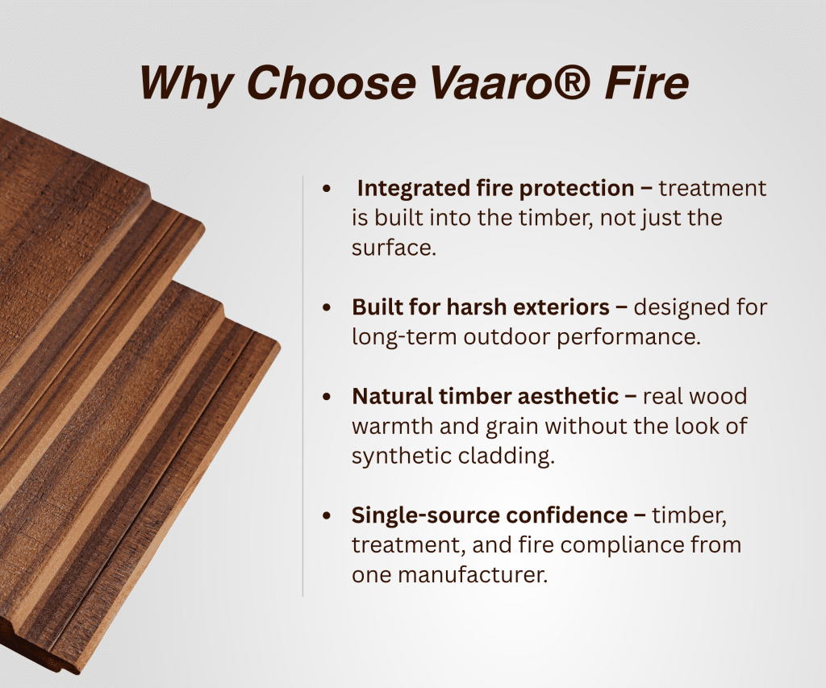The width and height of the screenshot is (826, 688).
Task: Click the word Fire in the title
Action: (x=646, y=82)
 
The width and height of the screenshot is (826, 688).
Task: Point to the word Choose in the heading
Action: (x=332, y=82)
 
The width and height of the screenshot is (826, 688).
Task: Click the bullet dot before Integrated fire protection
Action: (x=327, y=188)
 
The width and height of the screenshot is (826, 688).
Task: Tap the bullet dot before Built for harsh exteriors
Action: (x=327, y=307)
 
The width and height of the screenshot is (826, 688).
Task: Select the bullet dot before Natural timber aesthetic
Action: (x=327, y=396)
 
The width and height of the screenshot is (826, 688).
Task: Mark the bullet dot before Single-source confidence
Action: (x=327, y=515)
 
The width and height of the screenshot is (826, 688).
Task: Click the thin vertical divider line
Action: (x=303, y=386)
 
